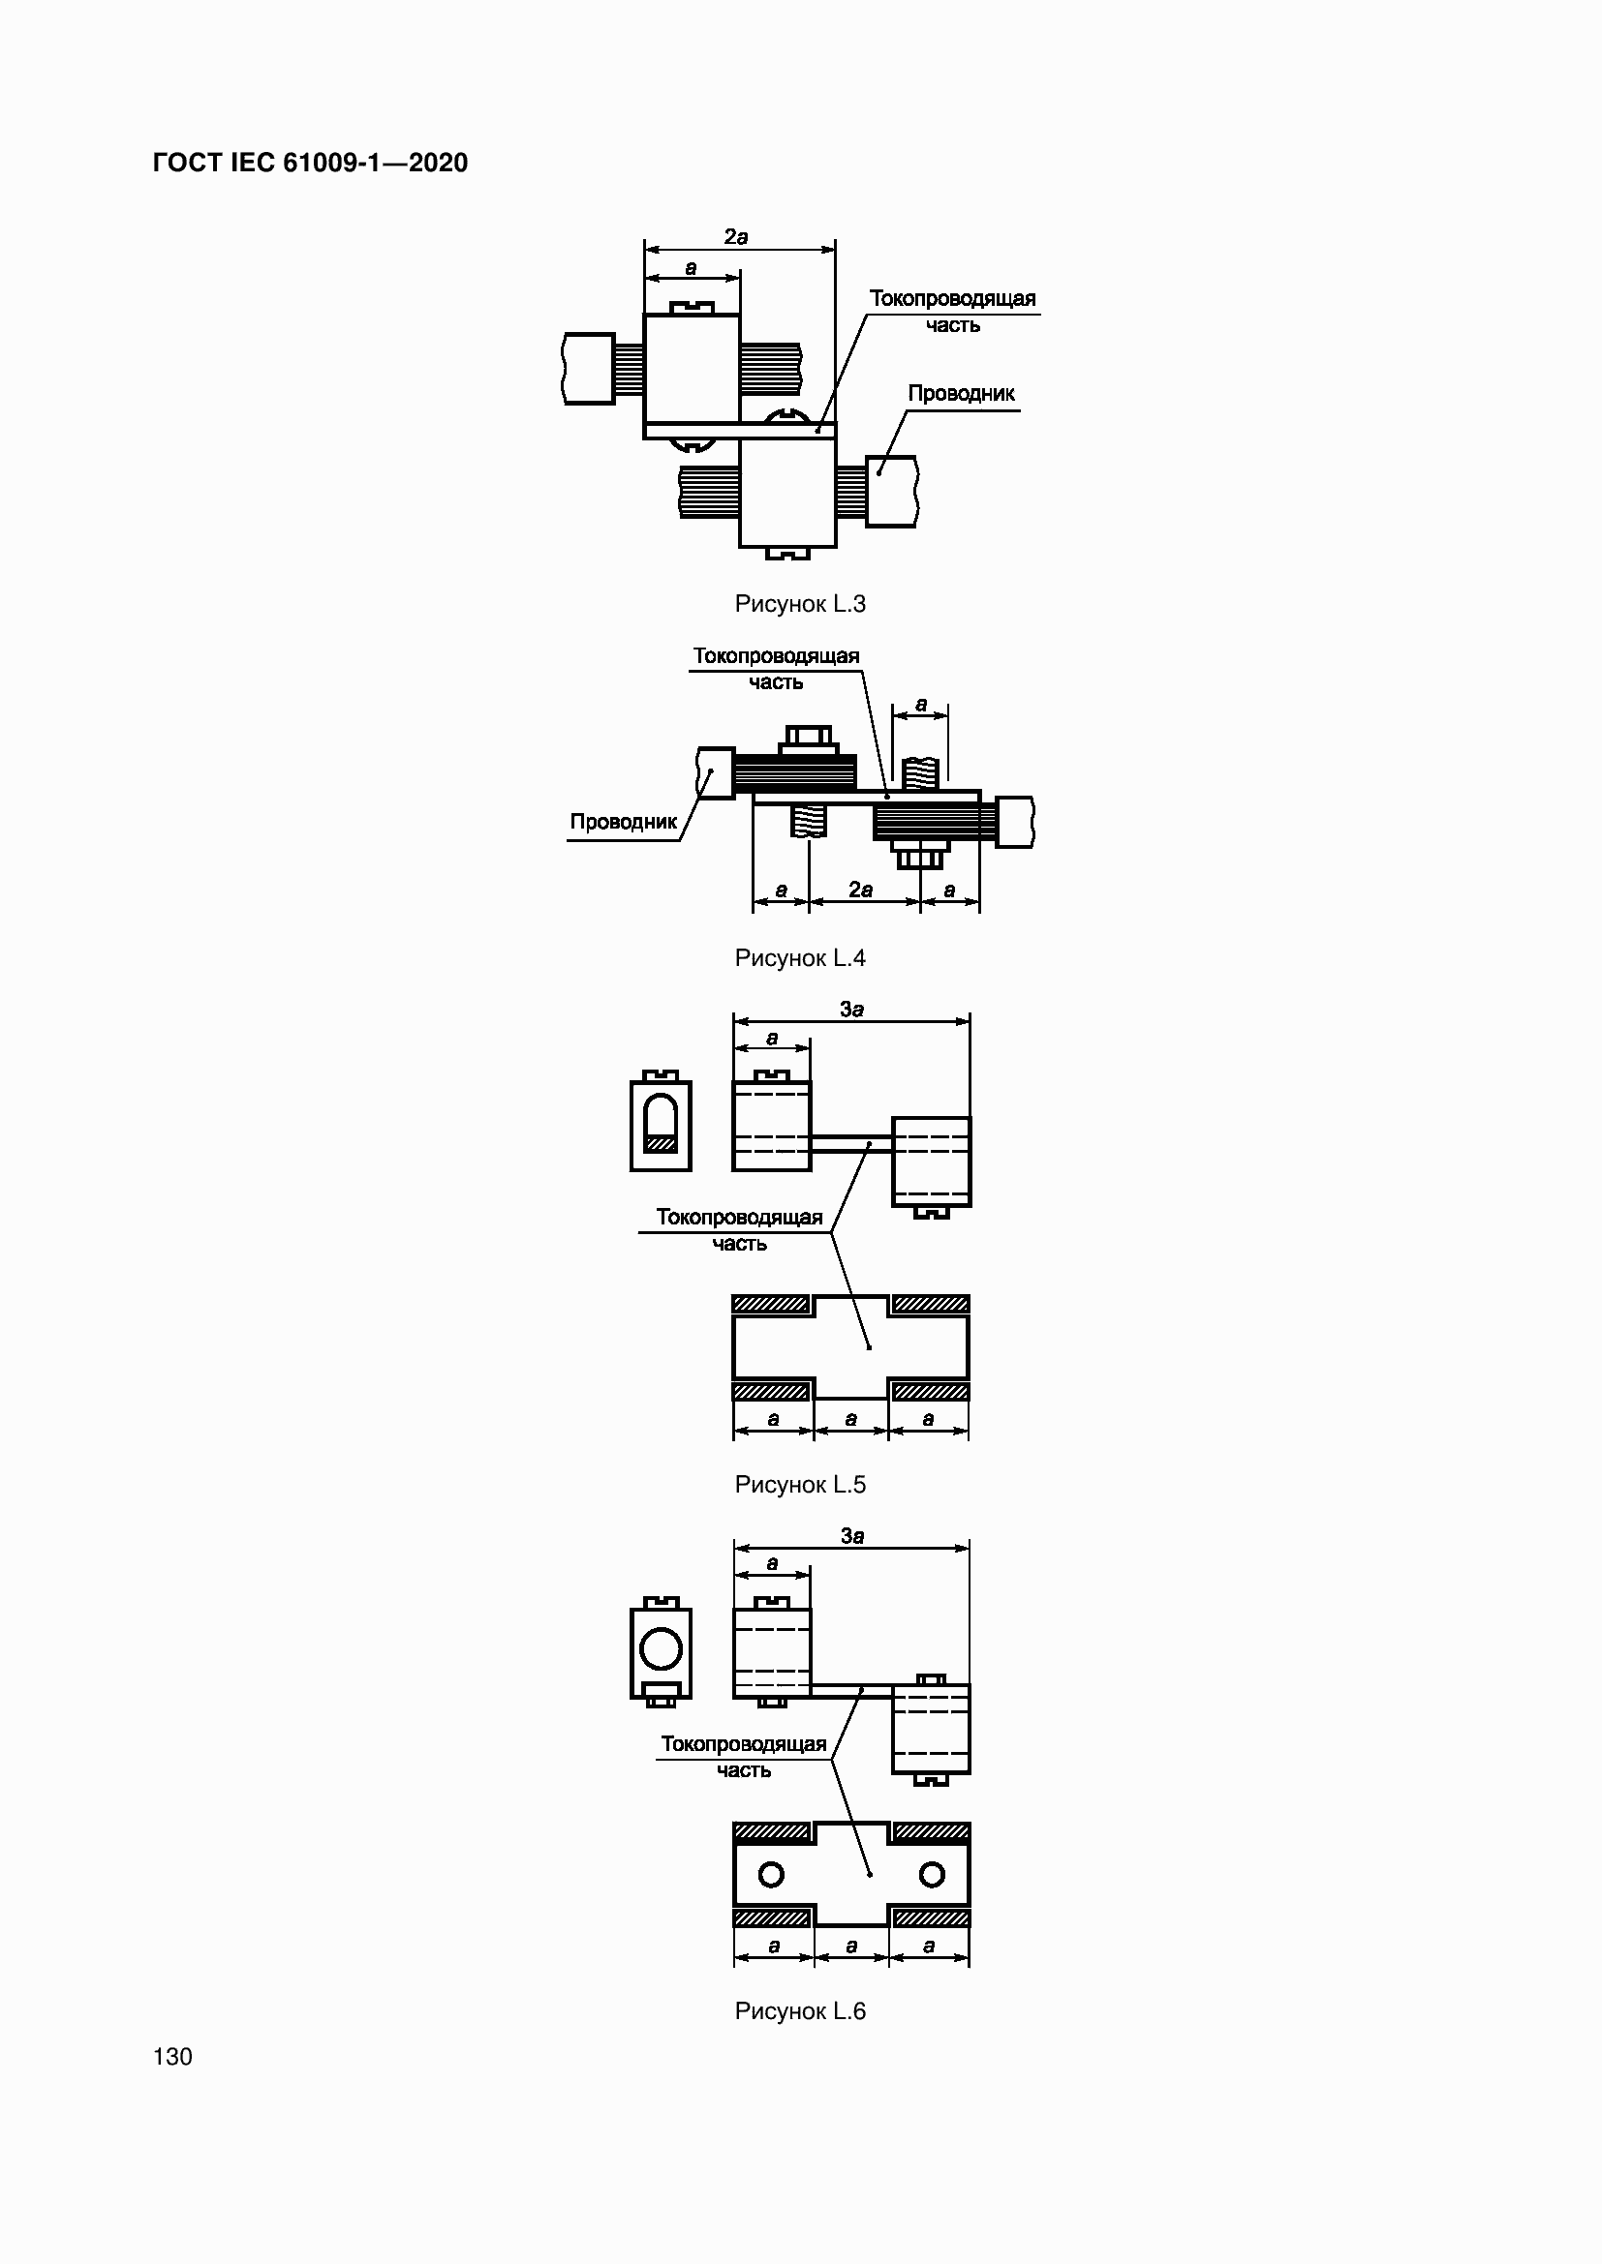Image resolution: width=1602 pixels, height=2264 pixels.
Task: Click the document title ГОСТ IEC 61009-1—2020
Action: tap(311, 163)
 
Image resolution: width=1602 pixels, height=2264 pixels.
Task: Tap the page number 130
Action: tap(172, 2056)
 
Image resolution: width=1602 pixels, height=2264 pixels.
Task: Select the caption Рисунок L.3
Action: tap(800, 603)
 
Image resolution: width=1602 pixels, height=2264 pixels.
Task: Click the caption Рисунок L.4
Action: tap(800, 957)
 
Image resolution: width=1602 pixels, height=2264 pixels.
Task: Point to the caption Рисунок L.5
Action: tap(800, 1484)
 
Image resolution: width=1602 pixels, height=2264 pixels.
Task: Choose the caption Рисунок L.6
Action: tap(800, 2010)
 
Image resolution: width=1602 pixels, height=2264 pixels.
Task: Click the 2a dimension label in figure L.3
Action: tap(736, 236)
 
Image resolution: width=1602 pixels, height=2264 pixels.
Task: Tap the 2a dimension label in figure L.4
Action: tap(861, 890)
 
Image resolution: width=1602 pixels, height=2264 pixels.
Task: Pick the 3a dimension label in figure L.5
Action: tap(852, 1009)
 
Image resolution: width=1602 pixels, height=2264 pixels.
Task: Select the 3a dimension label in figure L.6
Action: tap(852, 1535)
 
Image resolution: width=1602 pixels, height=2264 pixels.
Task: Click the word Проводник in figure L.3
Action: tap(961, 393)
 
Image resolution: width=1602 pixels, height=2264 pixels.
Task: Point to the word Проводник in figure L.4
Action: tap(624, 822)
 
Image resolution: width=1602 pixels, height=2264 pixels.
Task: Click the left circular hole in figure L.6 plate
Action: tap(771, 1875)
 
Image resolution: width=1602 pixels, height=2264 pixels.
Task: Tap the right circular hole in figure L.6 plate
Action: tap(931, 1875)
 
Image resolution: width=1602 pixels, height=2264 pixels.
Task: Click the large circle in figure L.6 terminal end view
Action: tap(661, 1647)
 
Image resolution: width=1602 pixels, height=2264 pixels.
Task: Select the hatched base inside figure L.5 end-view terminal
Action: tap(661, 1144)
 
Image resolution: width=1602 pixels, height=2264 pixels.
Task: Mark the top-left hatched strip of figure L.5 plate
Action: tap(771, 1305)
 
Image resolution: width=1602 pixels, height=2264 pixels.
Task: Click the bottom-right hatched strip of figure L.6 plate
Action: tap(930, 1917)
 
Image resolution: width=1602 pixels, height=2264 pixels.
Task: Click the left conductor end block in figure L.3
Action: tap(589, 369)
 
